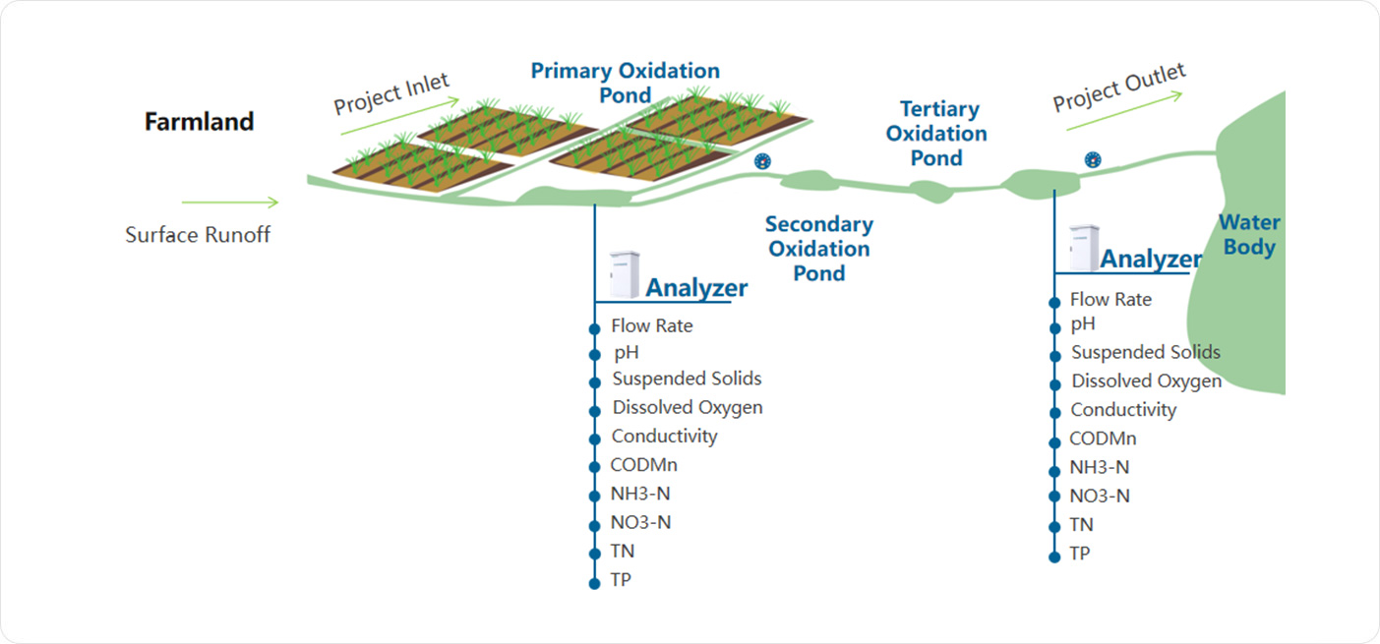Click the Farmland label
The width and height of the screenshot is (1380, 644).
(x=199, y=122)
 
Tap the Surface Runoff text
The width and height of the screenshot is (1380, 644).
(x=198, y=235)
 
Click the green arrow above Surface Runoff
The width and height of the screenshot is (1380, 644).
(x=231, y=203)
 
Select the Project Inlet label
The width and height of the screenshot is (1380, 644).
(x=390, y=93)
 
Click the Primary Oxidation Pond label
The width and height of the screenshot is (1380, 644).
(x=626, y=83)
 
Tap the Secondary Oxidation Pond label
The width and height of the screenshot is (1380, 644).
(x=819, y=249)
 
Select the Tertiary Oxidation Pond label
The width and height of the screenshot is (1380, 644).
(x=936, y=133)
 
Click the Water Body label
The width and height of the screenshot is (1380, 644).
(x=1249, y=235)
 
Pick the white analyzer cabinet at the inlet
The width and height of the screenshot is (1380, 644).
(x=624, y=275)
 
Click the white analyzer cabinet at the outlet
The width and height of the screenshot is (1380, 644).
(x=1084, y=248)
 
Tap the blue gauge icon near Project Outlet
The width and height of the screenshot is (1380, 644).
(x=1092, y=159)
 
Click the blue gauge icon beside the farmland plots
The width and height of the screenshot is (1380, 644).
(x=762, y=160)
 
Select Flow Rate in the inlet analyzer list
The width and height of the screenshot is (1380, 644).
(x=651, y=325)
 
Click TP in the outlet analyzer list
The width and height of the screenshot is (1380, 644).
(x=1080, y=554)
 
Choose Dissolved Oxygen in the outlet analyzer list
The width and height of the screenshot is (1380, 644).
(x=1146, y=381)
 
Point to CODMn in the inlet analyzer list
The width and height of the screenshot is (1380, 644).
(x=643, y=465)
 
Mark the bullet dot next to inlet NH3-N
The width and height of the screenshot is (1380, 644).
(x=594, y=496)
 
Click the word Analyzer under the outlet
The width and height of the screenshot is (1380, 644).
(x=1150, y=260)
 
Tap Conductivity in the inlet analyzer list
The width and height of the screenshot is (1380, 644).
(x=664, y=436)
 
